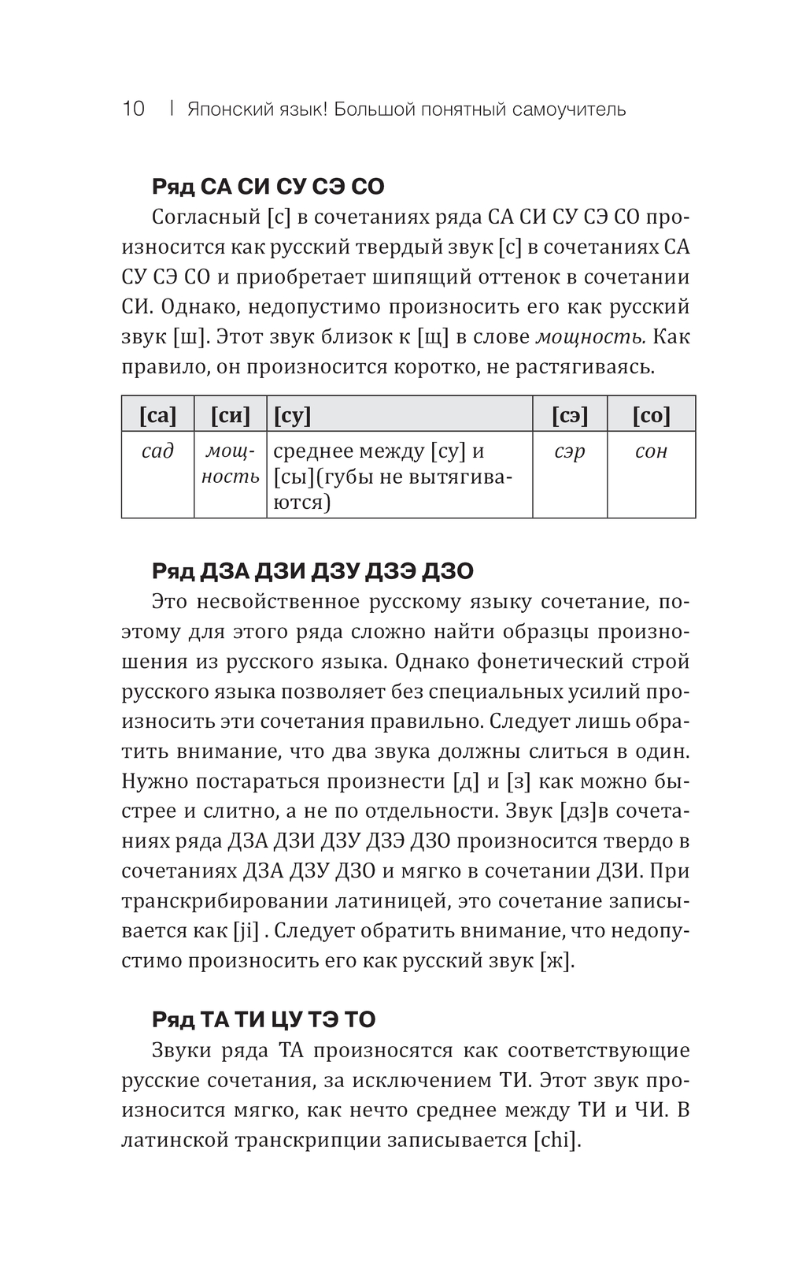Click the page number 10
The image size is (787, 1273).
tap(134, 109)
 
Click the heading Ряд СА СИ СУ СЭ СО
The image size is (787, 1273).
tap(268, 187)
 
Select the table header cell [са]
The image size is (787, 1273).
tap(157, 414)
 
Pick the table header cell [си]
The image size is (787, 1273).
tap(230, 414)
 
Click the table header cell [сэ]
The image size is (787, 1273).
tap(569, 414)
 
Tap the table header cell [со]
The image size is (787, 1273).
tap(651, 414)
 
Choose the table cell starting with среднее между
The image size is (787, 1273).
tap(399, 476)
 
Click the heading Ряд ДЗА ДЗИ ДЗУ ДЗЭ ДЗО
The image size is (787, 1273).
tap(312, 571)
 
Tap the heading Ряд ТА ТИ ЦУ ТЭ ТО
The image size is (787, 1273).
tap(263, 1019)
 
